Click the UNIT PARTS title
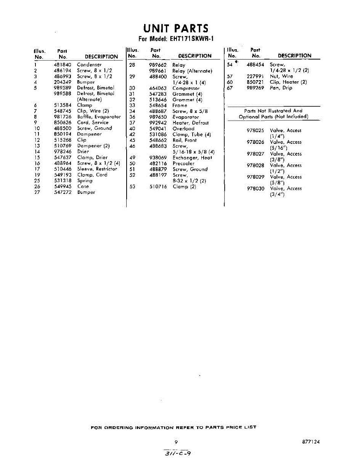(176, 28)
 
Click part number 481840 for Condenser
(63, 65)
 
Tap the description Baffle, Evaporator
(99, 117)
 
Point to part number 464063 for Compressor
(158, 88)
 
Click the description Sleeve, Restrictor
(97, 169)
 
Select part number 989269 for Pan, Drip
(256, 88)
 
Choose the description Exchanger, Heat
(192, 158)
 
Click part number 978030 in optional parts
(256, 189)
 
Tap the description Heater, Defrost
(190, 123)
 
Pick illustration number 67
(230, 88)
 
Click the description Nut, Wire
(281, 76)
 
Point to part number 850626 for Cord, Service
(63, 123)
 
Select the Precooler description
(183, 163)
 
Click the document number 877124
(309, 442)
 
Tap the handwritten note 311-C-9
(176, 453)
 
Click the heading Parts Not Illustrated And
(273, 111)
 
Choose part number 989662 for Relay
(158, 65)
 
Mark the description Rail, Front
(185, 140)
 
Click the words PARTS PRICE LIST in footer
(231, 427)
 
